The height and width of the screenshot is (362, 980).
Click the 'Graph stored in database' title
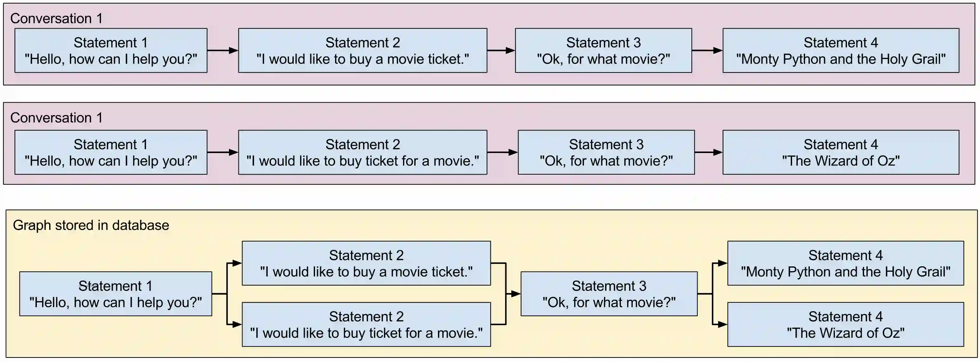91,225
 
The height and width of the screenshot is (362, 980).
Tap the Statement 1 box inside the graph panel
116,293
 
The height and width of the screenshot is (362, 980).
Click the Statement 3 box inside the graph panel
609,293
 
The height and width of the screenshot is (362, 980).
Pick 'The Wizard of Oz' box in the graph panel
845,324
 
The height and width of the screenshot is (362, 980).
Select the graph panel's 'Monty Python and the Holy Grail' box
845,263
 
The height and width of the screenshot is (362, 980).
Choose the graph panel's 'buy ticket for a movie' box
366,324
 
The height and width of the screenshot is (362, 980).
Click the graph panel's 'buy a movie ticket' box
366,263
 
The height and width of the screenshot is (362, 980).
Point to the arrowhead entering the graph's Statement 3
516,293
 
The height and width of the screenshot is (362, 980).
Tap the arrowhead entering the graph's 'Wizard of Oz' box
722,324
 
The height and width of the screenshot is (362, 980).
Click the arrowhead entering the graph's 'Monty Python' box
722,263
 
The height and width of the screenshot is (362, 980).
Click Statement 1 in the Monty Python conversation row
111,50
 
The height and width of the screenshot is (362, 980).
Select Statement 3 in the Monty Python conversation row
603,50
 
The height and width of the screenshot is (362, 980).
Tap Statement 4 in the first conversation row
841,50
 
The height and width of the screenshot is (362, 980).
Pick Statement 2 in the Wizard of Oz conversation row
363,152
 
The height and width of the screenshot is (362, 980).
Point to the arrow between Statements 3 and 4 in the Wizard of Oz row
708,152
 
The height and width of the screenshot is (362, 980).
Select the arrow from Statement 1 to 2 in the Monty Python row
223,50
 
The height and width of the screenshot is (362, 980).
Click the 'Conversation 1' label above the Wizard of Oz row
56,118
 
